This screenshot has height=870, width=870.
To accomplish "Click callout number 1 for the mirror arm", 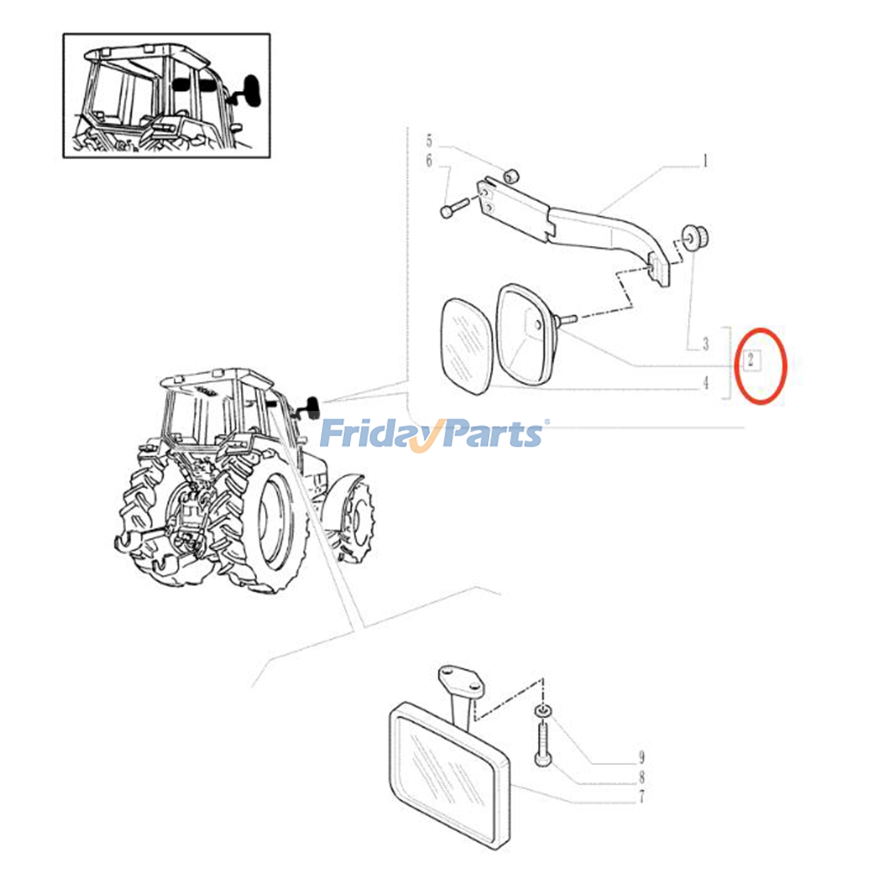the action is [x=705, y=161].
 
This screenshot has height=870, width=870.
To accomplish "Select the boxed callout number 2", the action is [x=751, y=359].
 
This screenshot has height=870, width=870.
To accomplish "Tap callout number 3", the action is [x=705, y=344].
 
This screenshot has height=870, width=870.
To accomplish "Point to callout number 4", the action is [x=705, y=383].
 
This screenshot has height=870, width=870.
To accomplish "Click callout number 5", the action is [x=429, y=141].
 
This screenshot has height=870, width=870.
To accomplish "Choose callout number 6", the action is [x=429, y=161].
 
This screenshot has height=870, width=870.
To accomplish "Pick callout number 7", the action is [x=642, y=797].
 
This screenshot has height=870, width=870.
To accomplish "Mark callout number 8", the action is [x=642, y=777].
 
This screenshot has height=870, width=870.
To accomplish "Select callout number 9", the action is [x=642, y=757].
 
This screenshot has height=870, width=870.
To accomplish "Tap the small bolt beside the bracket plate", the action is [x=453, y=208].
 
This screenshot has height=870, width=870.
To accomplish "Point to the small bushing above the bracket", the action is [x=511, y=176].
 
